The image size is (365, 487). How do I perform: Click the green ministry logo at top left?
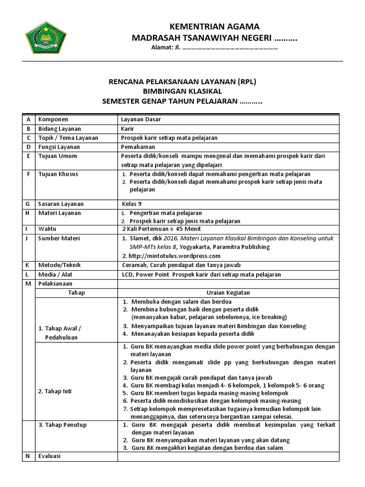(45, 37)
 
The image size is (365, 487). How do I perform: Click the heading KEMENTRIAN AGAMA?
(215, 26)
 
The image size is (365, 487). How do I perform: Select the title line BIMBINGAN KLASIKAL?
(182, 91)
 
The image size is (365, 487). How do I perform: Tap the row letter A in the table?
(29, 120)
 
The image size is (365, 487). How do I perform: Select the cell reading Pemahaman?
(138, 147)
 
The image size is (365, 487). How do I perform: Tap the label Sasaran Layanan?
(59, 204)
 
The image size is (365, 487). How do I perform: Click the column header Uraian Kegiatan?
(228, 293)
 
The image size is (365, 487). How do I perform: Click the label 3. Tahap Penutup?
(62, 425)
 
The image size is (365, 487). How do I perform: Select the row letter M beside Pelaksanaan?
(29, 284)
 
